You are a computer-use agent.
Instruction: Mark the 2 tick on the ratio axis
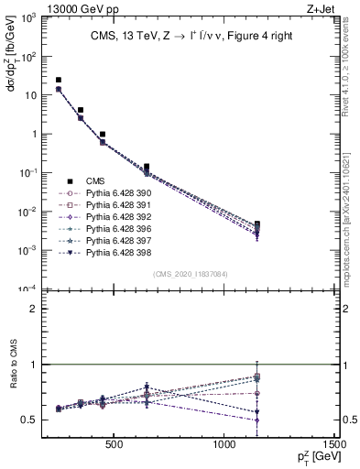(44, 310)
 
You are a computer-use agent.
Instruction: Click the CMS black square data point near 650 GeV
(147, 168)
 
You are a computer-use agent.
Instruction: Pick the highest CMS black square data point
(59, 81)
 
